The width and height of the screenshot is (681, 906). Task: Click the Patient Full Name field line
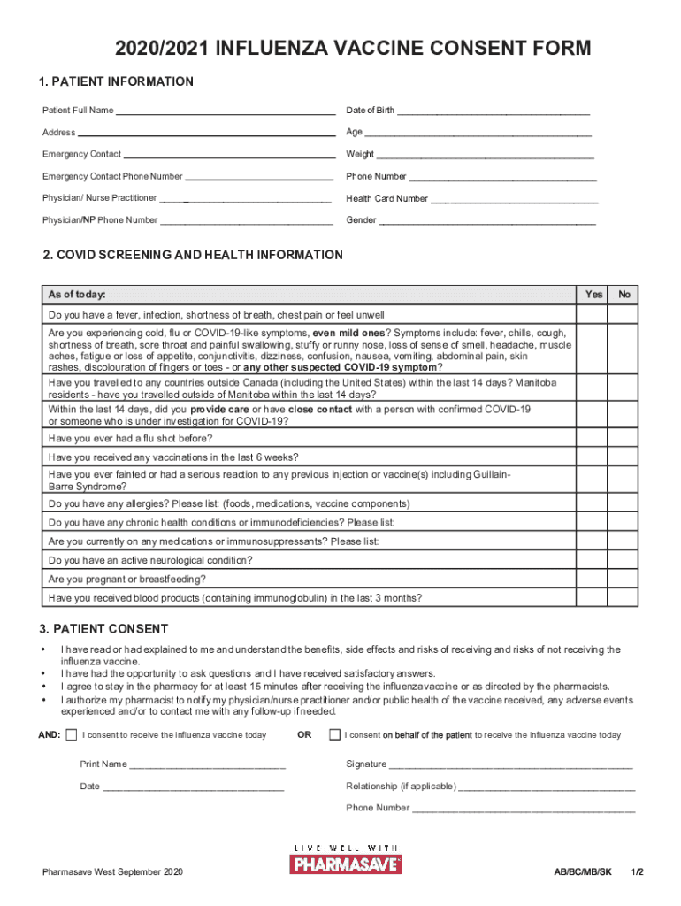tap(225, 111)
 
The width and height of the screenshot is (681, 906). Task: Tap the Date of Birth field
tap(493, 111)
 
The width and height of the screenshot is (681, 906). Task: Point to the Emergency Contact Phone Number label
tap(112, 177)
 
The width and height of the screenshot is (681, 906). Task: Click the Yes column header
tap(594, 295)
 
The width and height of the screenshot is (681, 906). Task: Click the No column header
tap(624, 295)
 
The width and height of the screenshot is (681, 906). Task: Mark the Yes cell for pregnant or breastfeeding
tap(594, 580)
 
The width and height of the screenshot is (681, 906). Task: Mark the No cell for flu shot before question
tap(624, 439)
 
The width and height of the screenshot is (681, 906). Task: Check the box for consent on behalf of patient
tap(334, 735)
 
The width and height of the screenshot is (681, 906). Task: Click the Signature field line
tap(511, 765)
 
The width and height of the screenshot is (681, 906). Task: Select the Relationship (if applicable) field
tap(547, 787)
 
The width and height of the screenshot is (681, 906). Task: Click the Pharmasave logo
tap(346, 859)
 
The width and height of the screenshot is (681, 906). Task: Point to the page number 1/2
tap(637, 872)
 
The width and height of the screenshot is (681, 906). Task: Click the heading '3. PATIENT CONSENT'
tap(103, 629)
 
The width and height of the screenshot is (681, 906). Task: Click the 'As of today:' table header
tap(78, 295)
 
